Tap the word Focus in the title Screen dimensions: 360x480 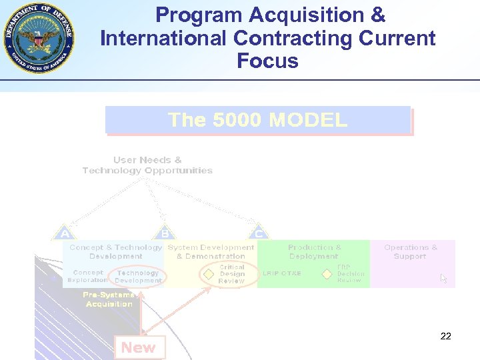tap(267, 61)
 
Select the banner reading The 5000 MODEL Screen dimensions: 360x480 tap(257, 120)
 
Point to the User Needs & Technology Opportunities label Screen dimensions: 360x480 tap(147, 165)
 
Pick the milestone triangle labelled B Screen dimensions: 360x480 tap(164, 233)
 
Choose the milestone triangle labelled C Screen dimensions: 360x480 tap(259, 233)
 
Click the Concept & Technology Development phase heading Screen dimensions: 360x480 tap(116, 251)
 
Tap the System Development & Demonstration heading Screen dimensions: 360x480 tap(211, 251)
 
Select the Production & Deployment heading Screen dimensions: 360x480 tap(314, 251)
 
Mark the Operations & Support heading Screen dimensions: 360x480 tap(411, 251)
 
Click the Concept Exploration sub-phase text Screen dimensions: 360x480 tap(88, 277)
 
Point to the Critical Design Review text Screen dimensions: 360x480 tap(232, 274)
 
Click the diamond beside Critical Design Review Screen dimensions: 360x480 tap(209, 274)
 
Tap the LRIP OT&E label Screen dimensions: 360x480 tap(282, 273)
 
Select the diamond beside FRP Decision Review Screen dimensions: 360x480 tap(327, 274)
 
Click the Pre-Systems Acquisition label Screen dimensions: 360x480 tap(109, 299)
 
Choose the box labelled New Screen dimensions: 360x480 tap(139, 347)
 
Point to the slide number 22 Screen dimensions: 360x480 tap(446, 336)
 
